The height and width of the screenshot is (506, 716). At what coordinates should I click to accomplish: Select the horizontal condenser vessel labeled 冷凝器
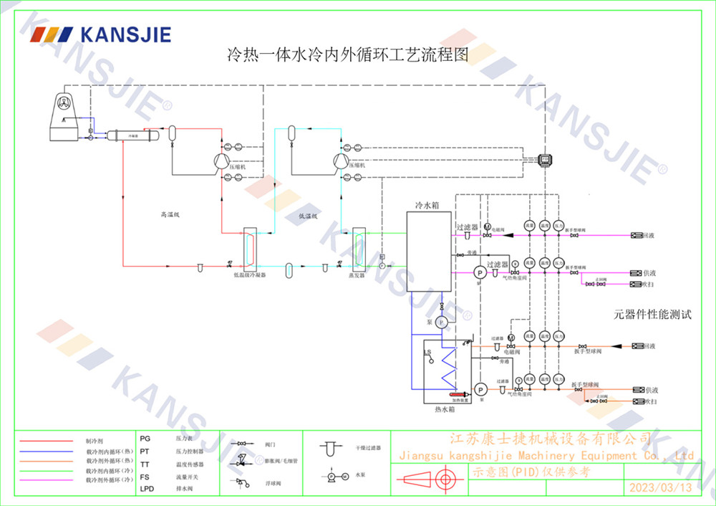point(130,134)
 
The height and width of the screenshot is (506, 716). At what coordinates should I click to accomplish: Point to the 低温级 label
point(307,215)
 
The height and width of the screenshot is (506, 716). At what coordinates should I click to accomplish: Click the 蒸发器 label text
point(357,274)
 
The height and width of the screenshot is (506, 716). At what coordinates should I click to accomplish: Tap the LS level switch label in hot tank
point(428,353)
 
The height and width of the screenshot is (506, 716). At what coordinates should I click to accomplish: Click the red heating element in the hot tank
point(455,393)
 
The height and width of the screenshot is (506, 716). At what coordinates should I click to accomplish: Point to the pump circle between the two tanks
point(442,323)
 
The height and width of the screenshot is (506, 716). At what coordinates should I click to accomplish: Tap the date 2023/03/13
point(660,488)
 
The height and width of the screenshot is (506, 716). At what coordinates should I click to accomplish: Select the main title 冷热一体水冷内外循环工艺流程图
point(347,55)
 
